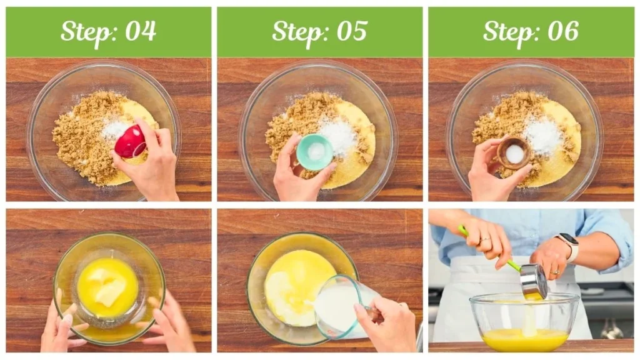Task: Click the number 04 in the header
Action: [x=141, y=31]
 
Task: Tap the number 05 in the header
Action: [x=352, y=31]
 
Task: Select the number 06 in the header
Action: [x=563, y=31]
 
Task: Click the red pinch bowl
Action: [x=130, y=142]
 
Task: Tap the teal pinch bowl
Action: [x=315, y=152]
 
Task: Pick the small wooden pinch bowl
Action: [x=514, y=153]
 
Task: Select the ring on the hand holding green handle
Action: [x=485, y=239]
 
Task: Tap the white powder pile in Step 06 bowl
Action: [x=543, y=134]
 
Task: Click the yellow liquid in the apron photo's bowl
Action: [x=525, y=339]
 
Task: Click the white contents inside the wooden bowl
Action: [x=514, y=154]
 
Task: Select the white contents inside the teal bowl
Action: [x=316, y=152]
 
